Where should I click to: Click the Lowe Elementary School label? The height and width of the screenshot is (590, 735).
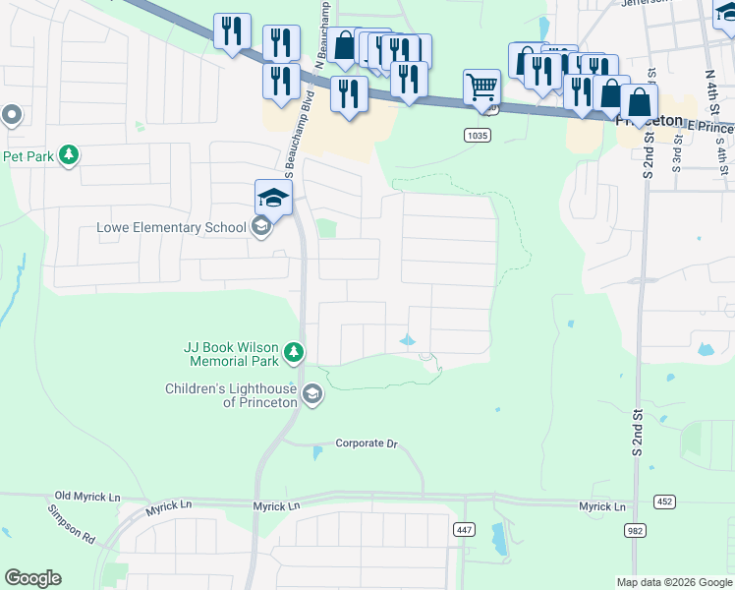point(171,228)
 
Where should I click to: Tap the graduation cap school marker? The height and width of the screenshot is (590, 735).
point(273,198)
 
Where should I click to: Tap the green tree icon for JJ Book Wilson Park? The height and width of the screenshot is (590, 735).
point(293,352)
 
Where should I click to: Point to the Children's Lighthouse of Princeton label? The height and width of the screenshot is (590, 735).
point(232,395)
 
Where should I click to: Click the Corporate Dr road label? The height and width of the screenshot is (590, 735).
point(366,443)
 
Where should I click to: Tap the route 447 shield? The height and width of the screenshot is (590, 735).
point(464,529)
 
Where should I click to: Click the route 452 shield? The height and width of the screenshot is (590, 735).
point(665,501)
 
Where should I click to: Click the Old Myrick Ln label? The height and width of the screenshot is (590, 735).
point(87,496)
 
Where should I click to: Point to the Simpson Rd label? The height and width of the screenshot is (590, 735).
point(71,524)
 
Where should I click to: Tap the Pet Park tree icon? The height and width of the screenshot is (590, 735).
point(69,155)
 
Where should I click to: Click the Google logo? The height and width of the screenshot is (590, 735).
point(32,578)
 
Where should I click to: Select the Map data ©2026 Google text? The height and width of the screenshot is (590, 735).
point(673,582)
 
